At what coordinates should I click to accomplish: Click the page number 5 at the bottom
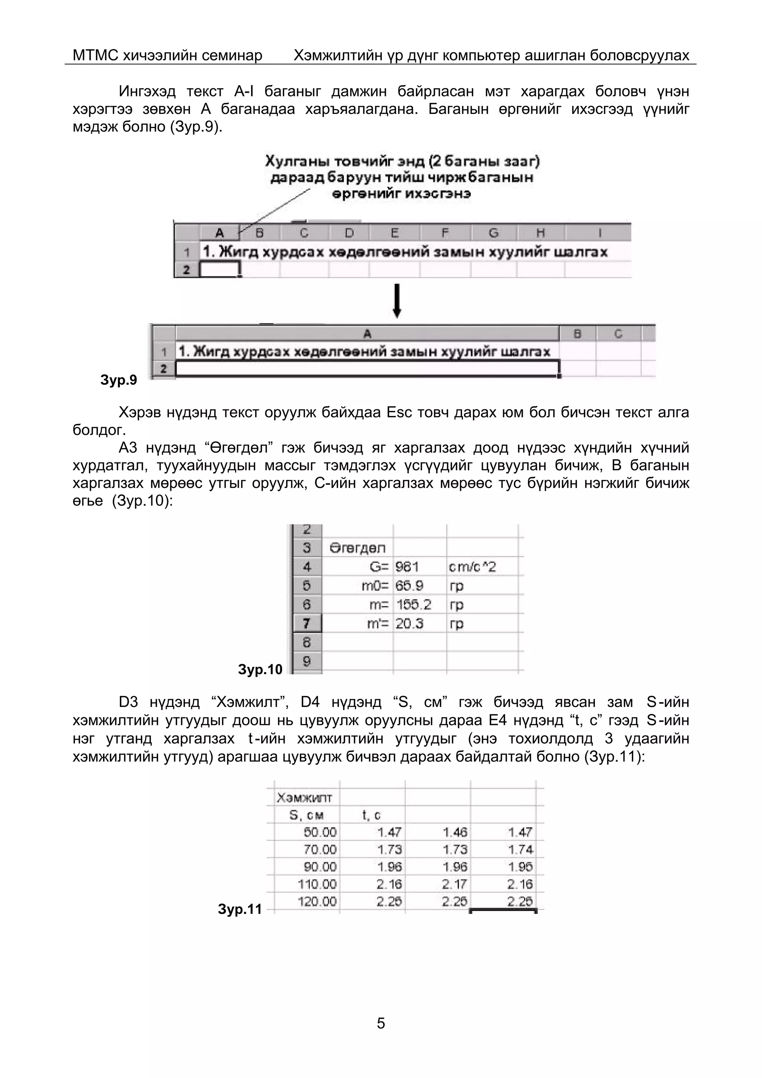click(381, 1023)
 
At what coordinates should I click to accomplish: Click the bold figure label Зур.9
click(119, 380)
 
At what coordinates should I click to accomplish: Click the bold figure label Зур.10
click(260, 669)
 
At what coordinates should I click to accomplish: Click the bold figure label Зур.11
click(240, 909)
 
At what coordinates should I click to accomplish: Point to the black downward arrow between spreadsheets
click(397, 301)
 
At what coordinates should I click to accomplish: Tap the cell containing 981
click(407, 567)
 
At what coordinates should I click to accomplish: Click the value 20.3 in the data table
click(409, 624)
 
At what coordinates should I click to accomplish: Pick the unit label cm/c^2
click(472, 567)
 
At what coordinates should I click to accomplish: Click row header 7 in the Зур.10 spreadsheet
click(307, 624)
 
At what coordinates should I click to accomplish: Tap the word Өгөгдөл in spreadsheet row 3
click(357, 548)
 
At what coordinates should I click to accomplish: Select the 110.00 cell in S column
click(317, 885)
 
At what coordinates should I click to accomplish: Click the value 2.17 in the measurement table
click(454, 885)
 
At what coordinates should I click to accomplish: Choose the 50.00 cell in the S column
click(320, 832)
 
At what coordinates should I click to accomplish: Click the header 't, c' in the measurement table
click(371, 815)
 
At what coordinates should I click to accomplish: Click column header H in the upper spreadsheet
click(540, 233)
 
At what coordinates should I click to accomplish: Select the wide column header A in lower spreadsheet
click(367, 334)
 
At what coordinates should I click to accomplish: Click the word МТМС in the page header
click(95, 55)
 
